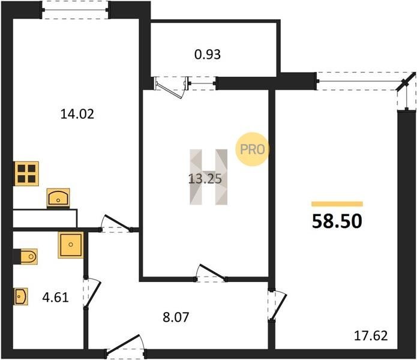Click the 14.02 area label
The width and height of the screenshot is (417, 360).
pos(77,115)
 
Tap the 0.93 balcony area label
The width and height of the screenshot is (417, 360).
pos(208,55)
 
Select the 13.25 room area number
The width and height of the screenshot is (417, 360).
pos(205,179)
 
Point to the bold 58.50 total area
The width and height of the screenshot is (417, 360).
pos(337,221)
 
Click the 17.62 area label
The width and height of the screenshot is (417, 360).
pos(371,336)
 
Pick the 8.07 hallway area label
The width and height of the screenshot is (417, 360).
pos(176,317)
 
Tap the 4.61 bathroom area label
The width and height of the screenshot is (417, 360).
pos(55,297)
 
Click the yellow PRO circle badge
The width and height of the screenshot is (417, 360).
pos(252,149)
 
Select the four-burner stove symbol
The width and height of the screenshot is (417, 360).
pos(26,173)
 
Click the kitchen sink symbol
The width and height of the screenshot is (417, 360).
pos(58,198)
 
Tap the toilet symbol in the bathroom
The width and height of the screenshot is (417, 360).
pos(26,257)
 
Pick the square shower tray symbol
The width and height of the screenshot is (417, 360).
pos(71,245)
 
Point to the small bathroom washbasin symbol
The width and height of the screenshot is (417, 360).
pos(21,296)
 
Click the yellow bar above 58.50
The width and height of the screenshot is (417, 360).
pos(337,204)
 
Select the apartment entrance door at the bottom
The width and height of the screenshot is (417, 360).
pos(125,346)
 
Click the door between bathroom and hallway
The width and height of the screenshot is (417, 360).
pos(91,293)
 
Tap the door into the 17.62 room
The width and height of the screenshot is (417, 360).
pos(277,305)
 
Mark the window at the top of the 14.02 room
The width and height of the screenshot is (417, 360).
pos(75,10)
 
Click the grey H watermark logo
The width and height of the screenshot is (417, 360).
pos(209,177)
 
